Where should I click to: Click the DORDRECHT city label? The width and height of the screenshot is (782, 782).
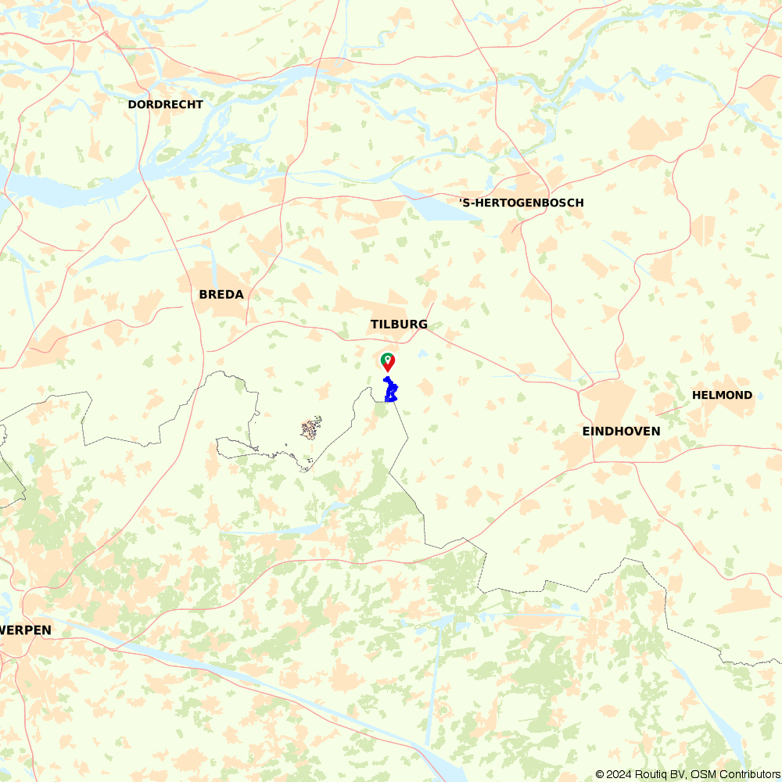[165, 104]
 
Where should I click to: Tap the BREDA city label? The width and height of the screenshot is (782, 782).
[221, 295]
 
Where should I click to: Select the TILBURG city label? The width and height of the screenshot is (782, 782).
[399, 324]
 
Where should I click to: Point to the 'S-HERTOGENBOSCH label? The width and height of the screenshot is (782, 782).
[521, 203]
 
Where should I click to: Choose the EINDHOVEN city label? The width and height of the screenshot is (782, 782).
[621, 431]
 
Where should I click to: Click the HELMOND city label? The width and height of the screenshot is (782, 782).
[722, 395]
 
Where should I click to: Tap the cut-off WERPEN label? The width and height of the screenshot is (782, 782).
[26, 630]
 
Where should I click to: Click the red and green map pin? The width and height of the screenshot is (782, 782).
[387, 361]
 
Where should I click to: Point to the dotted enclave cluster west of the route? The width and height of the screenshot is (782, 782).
[311, 428]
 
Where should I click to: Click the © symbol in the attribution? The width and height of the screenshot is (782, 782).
[600, 774]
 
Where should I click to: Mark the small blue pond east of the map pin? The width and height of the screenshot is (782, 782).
[423, 353]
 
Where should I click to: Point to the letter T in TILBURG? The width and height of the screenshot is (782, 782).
[375, 324]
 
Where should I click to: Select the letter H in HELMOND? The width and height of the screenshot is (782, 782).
[696, 395]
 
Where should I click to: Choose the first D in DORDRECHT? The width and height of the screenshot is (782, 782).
[132, 104]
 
